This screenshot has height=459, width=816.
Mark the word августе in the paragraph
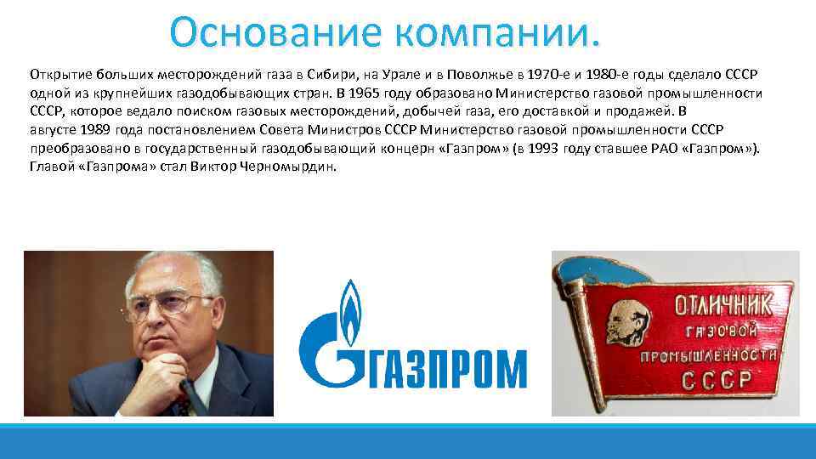click(54, 130)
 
